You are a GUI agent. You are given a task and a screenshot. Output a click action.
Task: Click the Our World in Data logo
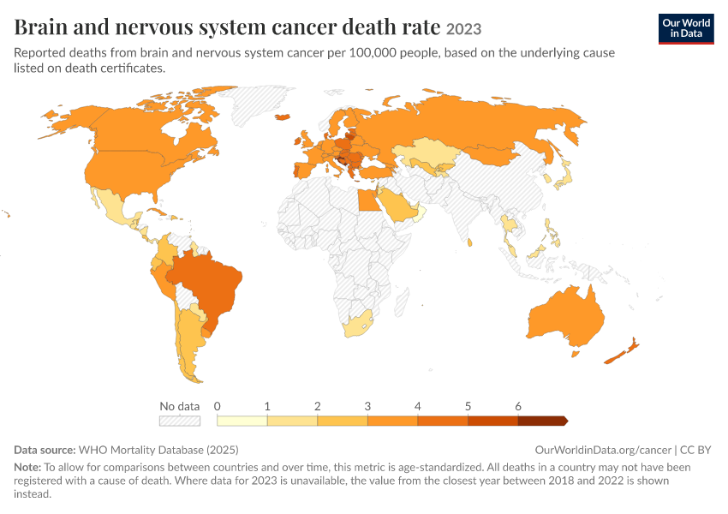(x=686, y=29)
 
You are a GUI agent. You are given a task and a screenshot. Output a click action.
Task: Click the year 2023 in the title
(x=463, y=29)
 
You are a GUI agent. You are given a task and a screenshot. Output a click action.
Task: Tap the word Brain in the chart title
(x=41, y=27)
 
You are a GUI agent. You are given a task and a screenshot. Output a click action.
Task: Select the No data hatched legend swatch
(x=180, y=421)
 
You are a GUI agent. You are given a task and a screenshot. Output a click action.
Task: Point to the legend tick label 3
(x=367, y=406)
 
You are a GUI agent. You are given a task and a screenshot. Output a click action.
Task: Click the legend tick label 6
(x=517, y=406)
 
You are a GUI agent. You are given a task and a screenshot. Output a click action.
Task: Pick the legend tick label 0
(x=217, y=406)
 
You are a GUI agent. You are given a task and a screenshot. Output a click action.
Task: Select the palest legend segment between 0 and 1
(x=242, y=421)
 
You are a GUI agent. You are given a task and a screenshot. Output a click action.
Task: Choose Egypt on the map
(x=368, y=200)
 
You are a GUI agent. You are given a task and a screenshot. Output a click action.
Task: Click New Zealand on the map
(x=623, y=352)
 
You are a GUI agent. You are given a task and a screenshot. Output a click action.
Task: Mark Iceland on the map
(x=283, y=117)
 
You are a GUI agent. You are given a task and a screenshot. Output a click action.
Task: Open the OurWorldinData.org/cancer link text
(x=603, y=450)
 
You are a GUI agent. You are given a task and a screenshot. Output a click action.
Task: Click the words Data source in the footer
(x=45, y=450)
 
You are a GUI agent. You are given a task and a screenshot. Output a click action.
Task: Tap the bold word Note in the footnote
(x=27, y=467)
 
